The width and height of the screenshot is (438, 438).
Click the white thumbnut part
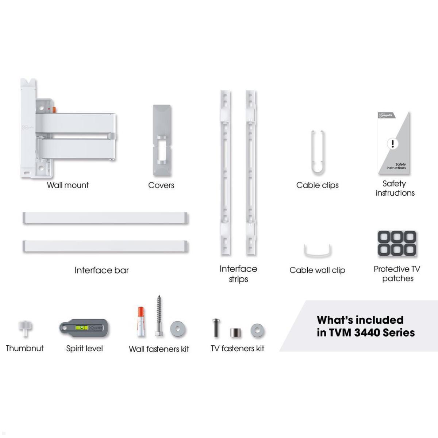click(x=25, y=327)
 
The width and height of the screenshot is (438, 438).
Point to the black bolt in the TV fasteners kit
click(x=216, y=327)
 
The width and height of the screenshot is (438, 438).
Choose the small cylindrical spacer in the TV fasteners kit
click(x=236, y=333)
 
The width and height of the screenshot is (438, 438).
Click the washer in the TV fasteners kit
click(x=257, y=331)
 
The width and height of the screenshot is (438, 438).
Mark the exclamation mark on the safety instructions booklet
click(x=393, y=143)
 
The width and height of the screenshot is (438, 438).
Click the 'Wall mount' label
click(x=68, y=185)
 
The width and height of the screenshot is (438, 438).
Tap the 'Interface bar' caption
click(x=101, y=270)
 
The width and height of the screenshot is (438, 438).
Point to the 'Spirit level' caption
click(x=84, y=349)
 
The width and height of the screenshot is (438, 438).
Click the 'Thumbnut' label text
click(x=25, y=348)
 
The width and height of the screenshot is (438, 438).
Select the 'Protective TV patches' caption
click(x=397, y=274)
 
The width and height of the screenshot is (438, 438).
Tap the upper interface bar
click(x=105, y=218)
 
